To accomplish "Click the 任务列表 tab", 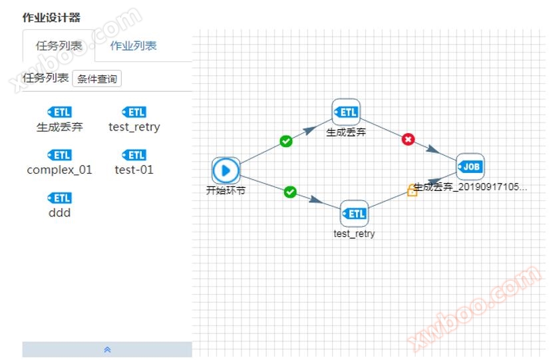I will (x=59, y=46).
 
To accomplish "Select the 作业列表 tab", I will (x=133, y=46).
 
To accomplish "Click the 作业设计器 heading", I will (x=51, y=17).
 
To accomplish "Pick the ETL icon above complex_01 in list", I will (x=60, y=155).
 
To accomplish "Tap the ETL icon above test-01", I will (x=134, y=155).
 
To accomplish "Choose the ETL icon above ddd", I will (x=60, y=198).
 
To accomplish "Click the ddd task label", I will (x=60, y=213).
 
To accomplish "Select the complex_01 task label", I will (x=60, y=170).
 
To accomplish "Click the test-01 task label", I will (x=134, y=170).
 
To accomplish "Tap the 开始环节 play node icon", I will (x=226, y=170).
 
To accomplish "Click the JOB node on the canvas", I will (x=470, y=166).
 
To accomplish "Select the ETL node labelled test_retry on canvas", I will (x=354, y=214).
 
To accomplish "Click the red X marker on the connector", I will (x=409, y=139).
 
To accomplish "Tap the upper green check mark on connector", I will (x=286, y=141).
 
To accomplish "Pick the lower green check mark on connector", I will (x=290, y=192).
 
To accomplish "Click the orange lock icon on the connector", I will (x=412, y=191).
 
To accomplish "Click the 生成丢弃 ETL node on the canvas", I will (x=346, y=112).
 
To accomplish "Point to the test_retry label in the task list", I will (x=134, y=126).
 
